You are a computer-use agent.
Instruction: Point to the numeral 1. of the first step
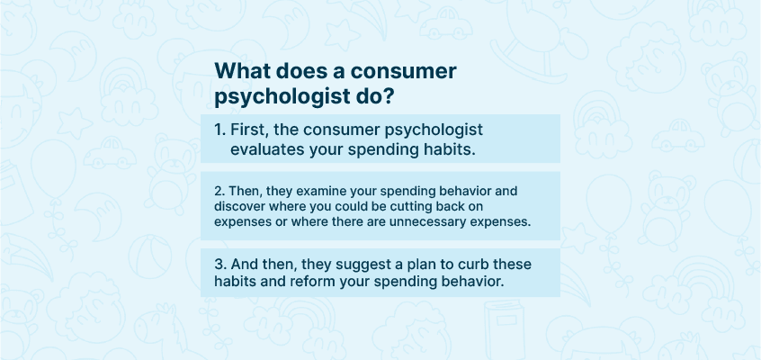coord(219,130)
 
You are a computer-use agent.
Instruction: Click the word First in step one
coord(247,130)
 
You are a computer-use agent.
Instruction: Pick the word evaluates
coord(267,149)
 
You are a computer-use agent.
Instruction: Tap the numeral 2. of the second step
coord(219,191)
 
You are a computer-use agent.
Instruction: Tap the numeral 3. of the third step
coord(220,265)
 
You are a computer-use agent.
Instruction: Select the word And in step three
coord(242,265)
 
